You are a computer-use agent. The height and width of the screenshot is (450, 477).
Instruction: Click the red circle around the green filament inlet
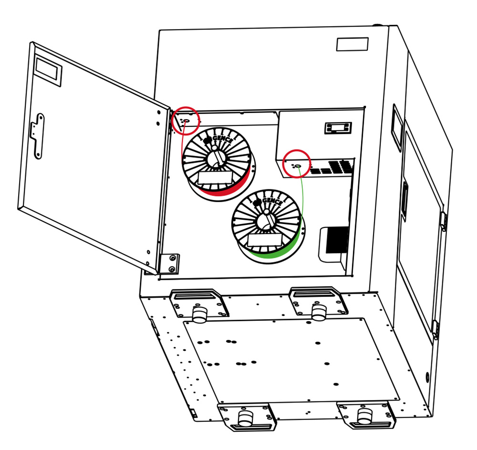click(297, 164)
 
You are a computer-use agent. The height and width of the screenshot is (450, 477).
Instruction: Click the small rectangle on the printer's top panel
click(352, 44)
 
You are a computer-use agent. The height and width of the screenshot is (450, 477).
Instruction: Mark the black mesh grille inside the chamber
click(340, 239)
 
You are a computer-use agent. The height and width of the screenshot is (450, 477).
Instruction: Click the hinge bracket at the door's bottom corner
click(170, 263)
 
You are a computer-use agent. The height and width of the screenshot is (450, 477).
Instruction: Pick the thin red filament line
click(181, 143)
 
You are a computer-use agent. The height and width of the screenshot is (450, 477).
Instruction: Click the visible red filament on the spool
click(224, 191)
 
